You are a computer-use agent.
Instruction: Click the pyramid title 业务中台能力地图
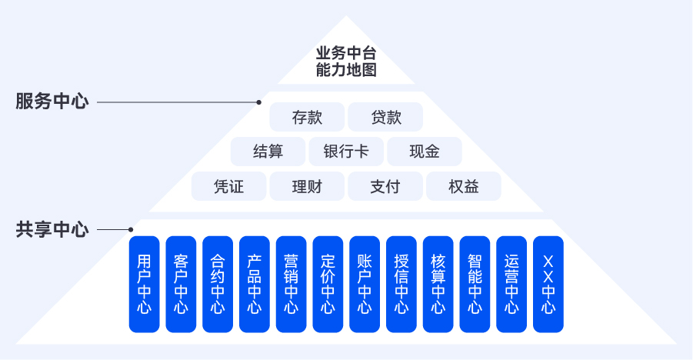346,63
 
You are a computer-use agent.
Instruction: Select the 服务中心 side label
52,102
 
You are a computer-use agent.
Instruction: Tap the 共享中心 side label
52,229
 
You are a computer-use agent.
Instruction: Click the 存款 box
307,117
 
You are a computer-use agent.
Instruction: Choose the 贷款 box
386,117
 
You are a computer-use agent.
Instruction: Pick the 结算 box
268,152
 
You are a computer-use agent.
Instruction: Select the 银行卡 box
346,152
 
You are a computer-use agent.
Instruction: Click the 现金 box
425,152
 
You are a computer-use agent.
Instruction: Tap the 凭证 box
228,186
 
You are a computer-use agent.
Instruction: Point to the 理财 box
307,186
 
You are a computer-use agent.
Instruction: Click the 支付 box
385,186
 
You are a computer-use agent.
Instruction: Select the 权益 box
464,186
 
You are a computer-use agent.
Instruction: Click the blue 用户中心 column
144,284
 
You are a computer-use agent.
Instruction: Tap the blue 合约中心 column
218,284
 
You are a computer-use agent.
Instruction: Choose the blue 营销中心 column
291,284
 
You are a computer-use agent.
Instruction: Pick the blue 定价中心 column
328,284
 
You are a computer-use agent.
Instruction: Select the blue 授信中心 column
401,284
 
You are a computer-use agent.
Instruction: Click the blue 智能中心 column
475,284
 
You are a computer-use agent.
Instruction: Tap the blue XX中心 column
548,284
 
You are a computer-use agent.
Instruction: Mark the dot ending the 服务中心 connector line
259,102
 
